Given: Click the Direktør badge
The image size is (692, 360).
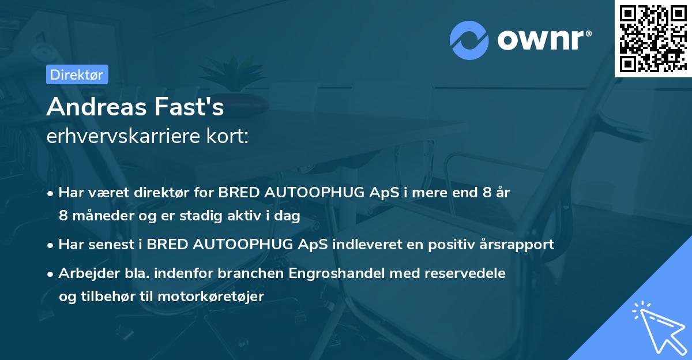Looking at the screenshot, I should point(77,74).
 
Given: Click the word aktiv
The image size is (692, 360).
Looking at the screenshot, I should point(250,216).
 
